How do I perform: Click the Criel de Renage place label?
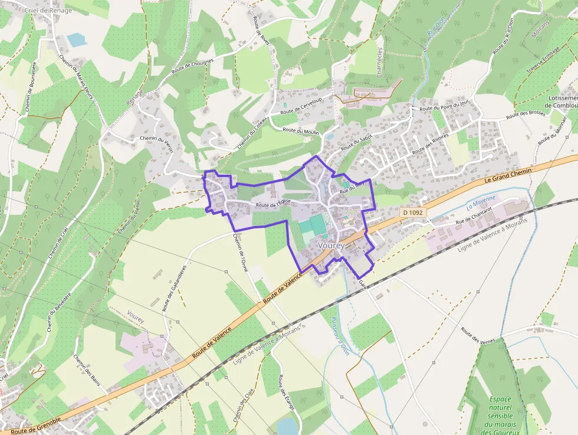pos(48,10)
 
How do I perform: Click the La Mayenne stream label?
pos(481,203)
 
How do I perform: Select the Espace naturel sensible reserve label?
pos(500,416)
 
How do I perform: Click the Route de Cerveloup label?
pos(301,107)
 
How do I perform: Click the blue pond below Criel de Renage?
pos(75,40)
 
